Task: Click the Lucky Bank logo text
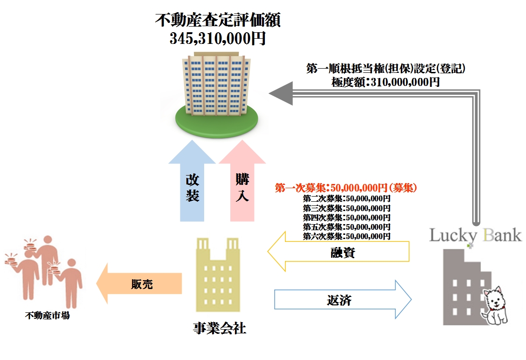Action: (475, 234)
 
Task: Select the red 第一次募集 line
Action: (346, 188)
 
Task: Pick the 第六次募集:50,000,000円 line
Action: (346, 236)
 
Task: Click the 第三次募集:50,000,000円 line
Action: (346, 208)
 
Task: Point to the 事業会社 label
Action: (219, 328)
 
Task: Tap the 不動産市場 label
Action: (47, 316)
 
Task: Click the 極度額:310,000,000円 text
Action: (385, 82)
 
